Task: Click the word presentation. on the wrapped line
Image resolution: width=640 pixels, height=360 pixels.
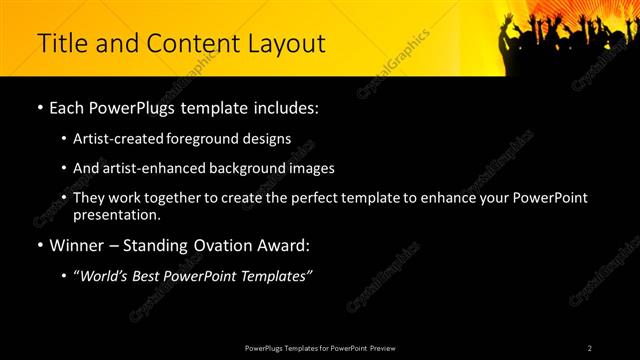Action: click(117, 214)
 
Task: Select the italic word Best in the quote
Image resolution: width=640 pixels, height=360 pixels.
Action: click(148, 276)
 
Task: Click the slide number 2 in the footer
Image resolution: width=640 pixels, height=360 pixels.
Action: click(590, 347)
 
